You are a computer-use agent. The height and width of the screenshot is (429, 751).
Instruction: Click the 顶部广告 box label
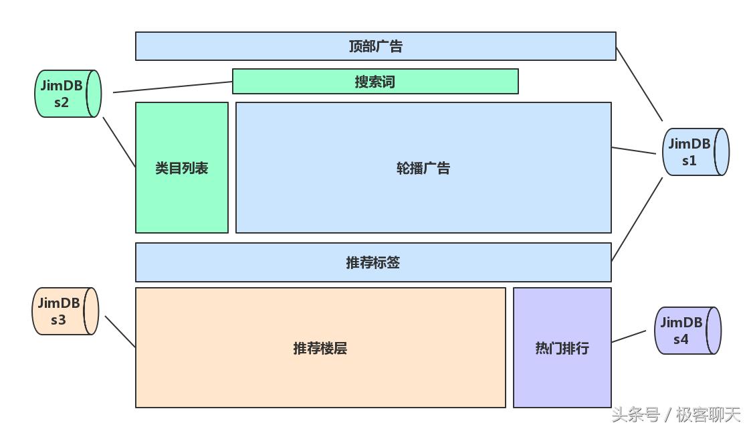(375, 46)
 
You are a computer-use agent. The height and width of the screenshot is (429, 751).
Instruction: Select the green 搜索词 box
(375, 82)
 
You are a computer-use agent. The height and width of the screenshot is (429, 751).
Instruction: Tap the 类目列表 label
(181, 168)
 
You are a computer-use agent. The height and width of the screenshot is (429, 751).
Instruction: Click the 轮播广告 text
(423, 168)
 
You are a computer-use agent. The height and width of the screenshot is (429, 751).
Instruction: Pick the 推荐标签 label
(372, 262)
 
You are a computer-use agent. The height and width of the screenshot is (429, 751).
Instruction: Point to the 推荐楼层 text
(320, 348)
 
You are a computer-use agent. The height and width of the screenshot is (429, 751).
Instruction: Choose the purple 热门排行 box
(562, 348)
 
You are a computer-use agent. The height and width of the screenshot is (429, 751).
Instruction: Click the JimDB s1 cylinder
(694, 152)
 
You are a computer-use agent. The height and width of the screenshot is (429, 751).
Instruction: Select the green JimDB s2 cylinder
(67, 94)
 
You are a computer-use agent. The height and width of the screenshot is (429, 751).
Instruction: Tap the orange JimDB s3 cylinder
(65, 311)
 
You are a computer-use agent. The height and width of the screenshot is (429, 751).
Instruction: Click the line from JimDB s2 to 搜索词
(173, 87)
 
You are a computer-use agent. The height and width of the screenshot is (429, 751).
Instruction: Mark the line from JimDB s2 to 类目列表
(119, 143)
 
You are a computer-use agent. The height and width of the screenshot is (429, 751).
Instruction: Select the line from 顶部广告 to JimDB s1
(639, 84)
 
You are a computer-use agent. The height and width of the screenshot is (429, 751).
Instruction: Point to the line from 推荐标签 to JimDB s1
(637, 218)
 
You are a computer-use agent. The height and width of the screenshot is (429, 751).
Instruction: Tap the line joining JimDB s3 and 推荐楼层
(120, 332)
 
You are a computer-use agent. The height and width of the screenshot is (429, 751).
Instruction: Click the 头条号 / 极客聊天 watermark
(676, 415)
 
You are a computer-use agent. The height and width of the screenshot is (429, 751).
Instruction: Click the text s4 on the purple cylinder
(680, 339)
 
